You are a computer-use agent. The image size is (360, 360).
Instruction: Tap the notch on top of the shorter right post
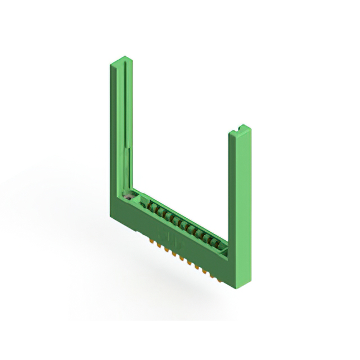(x=241, y=128)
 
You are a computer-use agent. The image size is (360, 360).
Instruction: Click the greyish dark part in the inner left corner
(x=130, y=196)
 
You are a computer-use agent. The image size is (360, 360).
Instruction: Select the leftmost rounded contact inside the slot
(x=151, y=206)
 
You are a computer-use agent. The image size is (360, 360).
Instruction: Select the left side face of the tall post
(x=113, y=129)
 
